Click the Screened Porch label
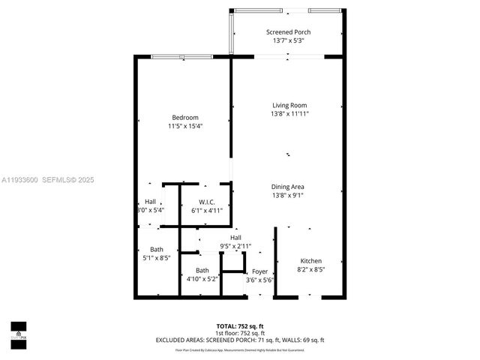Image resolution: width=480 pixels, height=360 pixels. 289,32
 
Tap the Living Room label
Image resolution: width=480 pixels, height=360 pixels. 289,106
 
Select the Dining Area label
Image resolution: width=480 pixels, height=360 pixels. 289,187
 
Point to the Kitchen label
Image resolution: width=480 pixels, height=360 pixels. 311,261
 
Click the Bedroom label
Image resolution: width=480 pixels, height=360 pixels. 185,117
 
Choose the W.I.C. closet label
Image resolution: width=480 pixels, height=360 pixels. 207,202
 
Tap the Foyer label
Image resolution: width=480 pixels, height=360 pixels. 259,271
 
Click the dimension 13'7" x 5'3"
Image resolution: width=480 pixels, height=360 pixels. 289,40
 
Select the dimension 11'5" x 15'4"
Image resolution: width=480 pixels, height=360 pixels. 185,126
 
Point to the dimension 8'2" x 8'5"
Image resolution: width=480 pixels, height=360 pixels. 311,269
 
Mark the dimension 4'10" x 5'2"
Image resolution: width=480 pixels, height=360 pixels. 202,279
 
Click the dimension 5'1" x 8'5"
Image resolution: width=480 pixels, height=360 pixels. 156,258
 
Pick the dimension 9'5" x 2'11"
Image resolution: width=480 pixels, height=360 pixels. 235,246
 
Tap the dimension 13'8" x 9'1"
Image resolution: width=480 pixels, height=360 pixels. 289,195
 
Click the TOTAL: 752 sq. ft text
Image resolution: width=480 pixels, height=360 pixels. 240,326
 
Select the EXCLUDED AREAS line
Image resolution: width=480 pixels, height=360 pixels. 240,340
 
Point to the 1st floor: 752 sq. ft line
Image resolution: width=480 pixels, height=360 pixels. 240,333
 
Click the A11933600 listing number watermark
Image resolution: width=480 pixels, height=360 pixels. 20,180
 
